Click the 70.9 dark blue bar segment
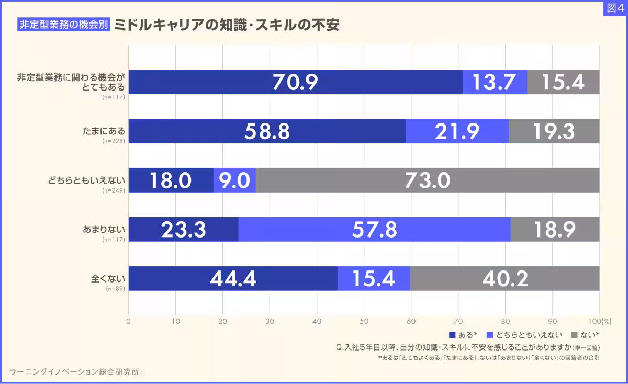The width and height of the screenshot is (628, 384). [x=295, y=82]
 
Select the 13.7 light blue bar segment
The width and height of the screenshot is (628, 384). [x=495, y=82]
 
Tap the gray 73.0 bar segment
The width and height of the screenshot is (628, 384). [x=427, y=180]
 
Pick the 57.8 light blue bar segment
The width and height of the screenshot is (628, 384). [x=374, y=229]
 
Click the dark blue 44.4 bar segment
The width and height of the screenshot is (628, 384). [x=233, y=278]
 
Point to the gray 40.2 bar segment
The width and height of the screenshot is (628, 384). [x=504, y=278]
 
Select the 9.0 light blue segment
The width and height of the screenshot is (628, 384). [x=234, y=180]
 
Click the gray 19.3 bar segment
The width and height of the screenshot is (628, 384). [x=554, y=131]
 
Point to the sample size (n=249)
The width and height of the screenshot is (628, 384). [x=114, y=190]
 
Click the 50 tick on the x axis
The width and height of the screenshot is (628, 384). [x=364, y=321]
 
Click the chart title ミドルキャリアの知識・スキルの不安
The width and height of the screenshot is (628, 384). [x=226, y=25]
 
